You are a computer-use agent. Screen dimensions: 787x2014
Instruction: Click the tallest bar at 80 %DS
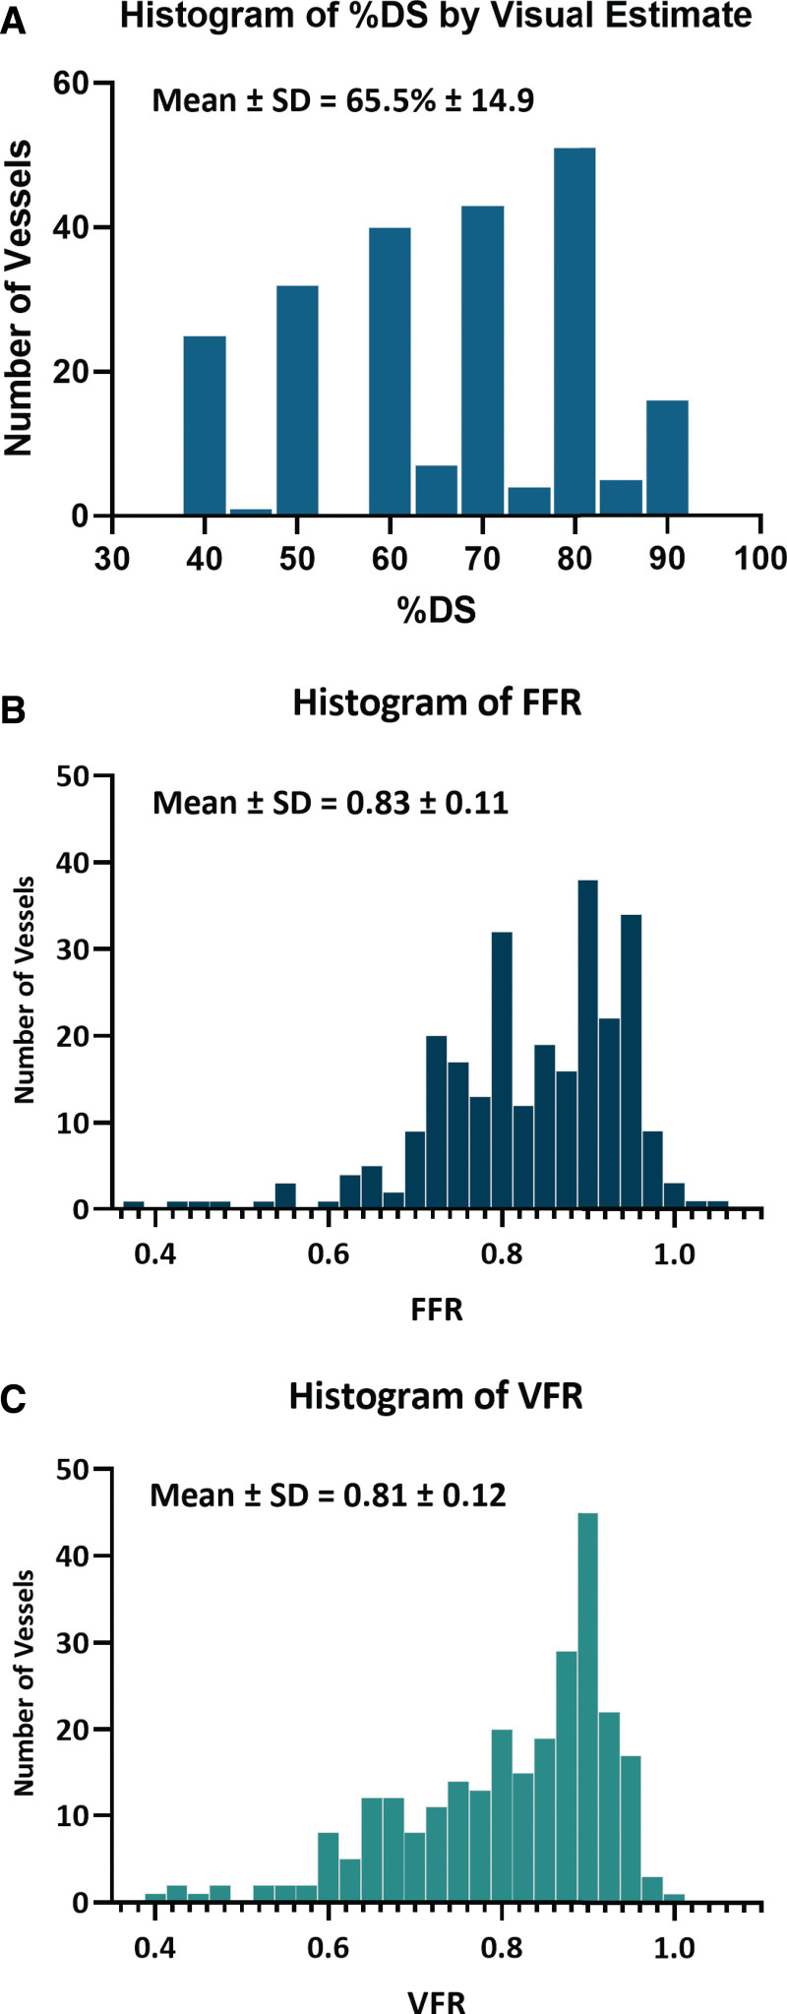pos(575,332)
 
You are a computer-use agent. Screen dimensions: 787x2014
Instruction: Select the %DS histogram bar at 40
pos(205,426)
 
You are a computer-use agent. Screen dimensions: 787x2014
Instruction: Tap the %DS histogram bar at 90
pos(667,458)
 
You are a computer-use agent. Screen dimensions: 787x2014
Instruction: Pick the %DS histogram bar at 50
pos(297,400)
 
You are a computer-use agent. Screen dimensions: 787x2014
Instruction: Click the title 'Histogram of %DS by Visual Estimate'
pos(436,17)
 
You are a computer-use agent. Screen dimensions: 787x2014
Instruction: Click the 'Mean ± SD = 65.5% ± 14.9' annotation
pos(343,99)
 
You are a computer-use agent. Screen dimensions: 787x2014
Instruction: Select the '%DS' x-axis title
pos(437,610)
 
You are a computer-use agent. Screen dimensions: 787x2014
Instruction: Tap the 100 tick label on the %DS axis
pos(760,559)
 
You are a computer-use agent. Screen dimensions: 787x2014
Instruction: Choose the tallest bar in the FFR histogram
pos(588,1044)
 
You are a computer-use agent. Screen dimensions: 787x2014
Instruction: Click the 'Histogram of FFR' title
pos(437,703)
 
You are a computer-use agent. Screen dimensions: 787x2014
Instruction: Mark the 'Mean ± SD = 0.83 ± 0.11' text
pos(331,803)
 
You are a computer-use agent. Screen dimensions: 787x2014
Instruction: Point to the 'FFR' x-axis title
pos(437,1310)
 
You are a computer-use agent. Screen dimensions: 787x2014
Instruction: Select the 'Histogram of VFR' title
pos(436,1397)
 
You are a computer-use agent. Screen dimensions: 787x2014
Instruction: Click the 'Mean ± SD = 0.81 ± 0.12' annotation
pos(328,1495)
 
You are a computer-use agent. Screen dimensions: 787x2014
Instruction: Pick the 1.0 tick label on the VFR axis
pos(675,1947)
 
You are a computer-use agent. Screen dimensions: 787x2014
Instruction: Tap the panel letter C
pos(13,1401)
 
